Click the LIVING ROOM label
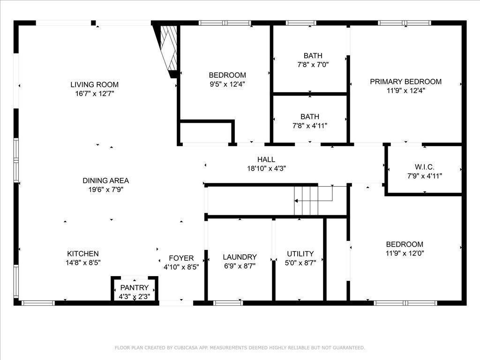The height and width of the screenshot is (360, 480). pyautogui.click(x=94, y=84)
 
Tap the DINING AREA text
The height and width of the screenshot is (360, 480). pyautogui.click(x=105, y=180)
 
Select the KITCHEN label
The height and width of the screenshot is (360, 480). pyautogui.click(x=83, y=254)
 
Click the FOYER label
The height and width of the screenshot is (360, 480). pyautogui.click(x=181, y=258)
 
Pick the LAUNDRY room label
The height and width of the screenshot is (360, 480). pyautogui.click(x=240, y=257)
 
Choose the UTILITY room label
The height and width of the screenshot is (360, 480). pyautogui.click(x=300, y=254)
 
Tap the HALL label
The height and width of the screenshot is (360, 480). pyautogui.click(x=266, y=159)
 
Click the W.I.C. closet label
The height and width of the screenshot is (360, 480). pyautogui.click(x=425, y=167)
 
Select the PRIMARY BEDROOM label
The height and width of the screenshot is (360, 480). pyautogui.click(x=405, y=82)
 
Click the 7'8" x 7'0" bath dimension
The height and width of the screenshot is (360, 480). pyautogui.click(x=313, y=65)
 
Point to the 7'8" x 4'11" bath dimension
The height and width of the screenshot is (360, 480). pyautogui.click(x=310, y=126)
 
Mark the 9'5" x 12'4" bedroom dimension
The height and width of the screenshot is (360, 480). pyautogui.click(x=227, y=84)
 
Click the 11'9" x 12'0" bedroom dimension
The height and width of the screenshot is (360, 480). pyautogui.click(x=405, y=253)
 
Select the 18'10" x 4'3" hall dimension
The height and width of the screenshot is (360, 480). pyautogui.click(x=266, y=168)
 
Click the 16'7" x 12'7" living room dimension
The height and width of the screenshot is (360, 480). pyautogui.click(x=95, y=93)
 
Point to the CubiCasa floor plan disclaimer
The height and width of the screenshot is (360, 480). pyautogui.click(x=240, y=348)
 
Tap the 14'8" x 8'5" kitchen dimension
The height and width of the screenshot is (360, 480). pyautogui.click(x=83, y=262)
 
